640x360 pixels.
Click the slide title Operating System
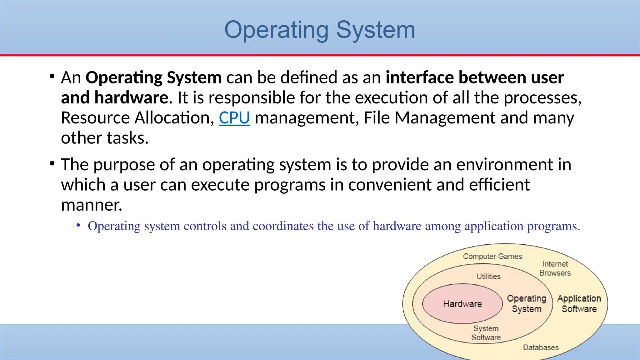coord(320,30)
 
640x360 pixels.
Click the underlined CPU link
coord(234,118)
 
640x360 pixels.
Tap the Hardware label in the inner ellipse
coord(462,304)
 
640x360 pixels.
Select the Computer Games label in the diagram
coord(492,257)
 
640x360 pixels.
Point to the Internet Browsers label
coord(555,268)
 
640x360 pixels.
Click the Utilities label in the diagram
coord(488,276)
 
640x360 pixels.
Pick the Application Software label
coord(579,303)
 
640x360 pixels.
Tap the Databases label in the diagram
coord(541,347)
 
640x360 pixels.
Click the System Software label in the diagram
coord(486,333)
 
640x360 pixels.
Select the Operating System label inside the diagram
coord(527,303)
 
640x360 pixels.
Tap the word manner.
coord(92,205)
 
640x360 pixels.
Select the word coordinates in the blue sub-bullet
coord(283,226)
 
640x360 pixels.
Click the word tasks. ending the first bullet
coord(127,138)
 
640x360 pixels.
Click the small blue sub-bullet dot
coord(78,225)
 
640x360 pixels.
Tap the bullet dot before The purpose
coord(52,163)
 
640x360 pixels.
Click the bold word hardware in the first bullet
coord(131,97)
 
